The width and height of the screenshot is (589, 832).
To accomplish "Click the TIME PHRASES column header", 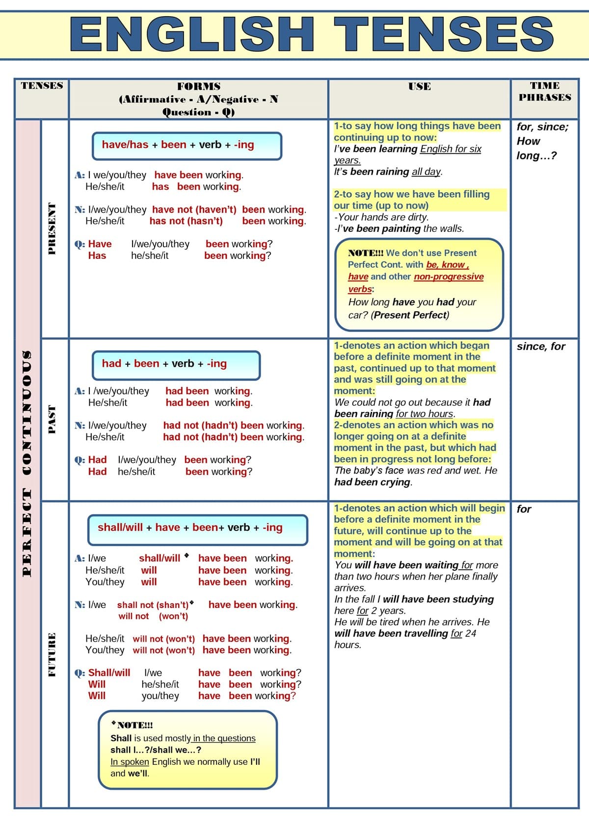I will [x=545, y=92].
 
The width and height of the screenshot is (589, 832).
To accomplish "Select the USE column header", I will [x=419, y=87].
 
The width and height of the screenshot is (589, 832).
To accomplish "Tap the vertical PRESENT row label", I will [x=52, y=228].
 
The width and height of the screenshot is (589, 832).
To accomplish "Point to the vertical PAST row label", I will [x=52, y=419].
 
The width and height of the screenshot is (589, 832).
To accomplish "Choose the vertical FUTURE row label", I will [x=52, y=655].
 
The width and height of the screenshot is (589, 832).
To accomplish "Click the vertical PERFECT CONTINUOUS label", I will [x=27, y=463].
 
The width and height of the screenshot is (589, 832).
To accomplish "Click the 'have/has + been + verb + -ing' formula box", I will [x=187, y=146].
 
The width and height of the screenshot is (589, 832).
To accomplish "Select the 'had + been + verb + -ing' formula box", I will [x=176, y=365].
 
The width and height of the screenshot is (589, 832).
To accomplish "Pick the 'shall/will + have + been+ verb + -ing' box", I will [x=197, y=529].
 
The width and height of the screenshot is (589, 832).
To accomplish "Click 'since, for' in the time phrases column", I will [x=540, y=347].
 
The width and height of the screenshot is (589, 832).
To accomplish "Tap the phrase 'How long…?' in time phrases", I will [x=536, y=149].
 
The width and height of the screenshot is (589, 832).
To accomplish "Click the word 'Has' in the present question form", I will [x=97, y=256].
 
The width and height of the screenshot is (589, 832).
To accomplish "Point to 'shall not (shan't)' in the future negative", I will [x=153, y=605].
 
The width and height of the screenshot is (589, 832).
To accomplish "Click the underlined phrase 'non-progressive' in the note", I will [x=449, y=277].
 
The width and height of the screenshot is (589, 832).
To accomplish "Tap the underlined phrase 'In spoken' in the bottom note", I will [x=130, y=762].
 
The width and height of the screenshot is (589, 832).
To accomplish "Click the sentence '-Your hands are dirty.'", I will [x=381, y=217].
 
